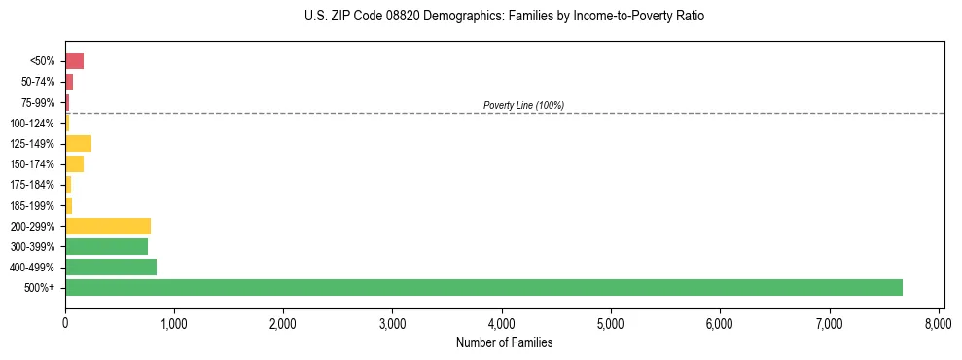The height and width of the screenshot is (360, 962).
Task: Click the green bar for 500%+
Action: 483,287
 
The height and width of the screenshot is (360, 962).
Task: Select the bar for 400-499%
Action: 111,267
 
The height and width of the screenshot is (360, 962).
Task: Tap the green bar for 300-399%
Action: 106,246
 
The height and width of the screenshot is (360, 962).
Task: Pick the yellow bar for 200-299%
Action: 108,226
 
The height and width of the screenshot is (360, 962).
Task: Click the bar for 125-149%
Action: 78,144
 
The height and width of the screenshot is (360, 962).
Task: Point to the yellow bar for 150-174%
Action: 74,164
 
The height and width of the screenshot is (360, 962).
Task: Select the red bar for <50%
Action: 74,61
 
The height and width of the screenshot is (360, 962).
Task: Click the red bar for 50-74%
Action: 69,82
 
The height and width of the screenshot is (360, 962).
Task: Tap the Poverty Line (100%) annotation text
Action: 523,105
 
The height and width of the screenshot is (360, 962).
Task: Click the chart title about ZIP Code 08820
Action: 504,17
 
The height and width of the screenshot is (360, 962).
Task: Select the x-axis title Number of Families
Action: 504,342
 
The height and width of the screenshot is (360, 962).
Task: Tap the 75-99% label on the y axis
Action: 38,103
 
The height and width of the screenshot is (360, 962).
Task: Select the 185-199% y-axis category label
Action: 33,205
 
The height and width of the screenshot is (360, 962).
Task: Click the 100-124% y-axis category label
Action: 33,124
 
